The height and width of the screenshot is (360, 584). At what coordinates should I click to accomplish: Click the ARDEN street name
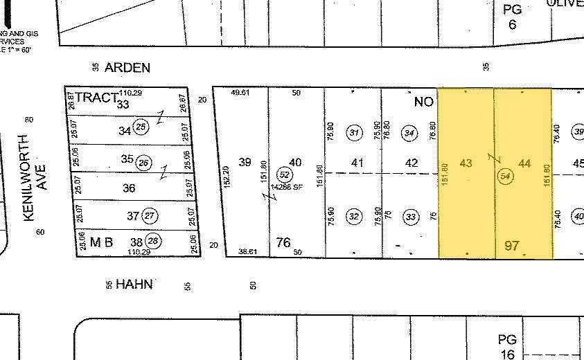(127, 67)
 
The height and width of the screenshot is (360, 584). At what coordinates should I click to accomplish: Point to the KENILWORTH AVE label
(34, 192)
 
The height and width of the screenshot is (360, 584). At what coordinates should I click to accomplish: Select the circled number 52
(283, 174)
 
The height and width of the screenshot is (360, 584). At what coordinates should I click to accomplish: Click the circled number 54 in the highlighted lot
(506, 177)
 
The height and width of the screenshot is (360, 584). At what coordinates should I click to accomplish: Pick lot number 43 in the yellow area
(466, 163)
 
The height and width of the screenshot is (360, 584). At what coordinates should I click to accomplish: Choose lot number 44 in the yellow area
(524, 163)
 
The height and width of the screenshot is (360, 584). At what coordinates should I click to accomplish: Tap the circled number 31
(355, 133)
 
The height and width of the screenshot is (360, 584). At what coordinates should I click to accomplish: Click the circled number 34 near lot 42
(410, 133)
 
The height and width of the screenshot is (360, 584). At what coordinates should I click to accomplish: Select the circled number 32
(355, 217)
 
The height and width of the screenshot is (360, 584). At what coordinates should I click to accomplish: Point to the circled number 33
(412, 217)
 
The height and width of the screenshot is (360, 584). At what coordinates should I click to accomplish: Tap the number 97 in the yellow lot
(512, 246)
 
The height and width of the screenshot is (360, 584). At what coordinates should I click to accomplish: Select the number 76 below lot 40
(283, 242)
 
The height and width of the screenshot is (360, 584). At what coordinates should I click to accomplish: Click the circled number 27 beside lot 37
(150, 216)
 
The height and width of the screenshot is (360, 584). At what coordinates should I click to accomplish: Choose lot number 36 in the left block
(128, 188)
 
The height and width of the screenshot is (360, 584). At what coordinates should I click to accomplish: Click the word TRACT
(96, 98)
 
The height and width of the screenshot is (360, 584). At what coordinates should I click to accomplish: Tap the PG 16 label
(508, 347)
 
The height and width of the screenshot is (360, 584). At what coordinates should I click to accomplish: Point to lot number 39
(245, 162)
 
